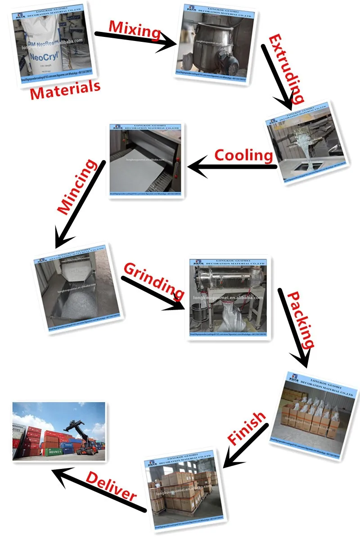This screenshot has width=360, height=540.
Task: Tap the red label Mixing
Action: click(135, 30)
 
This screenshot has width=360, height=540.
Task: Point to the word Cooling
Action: click(243, 155)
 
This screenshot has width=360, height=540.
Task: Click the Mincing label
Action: click(77, 186)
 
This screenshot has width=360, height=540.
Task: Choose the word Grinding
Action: click(153, 282)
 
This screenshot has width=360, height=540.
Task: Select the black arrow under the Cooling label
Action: click(232, 167)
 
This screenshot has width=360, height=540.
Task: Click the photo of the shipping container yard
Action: click(58, 431)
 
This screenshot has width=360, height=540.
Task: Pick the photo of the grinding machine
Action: click(228, 297)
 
